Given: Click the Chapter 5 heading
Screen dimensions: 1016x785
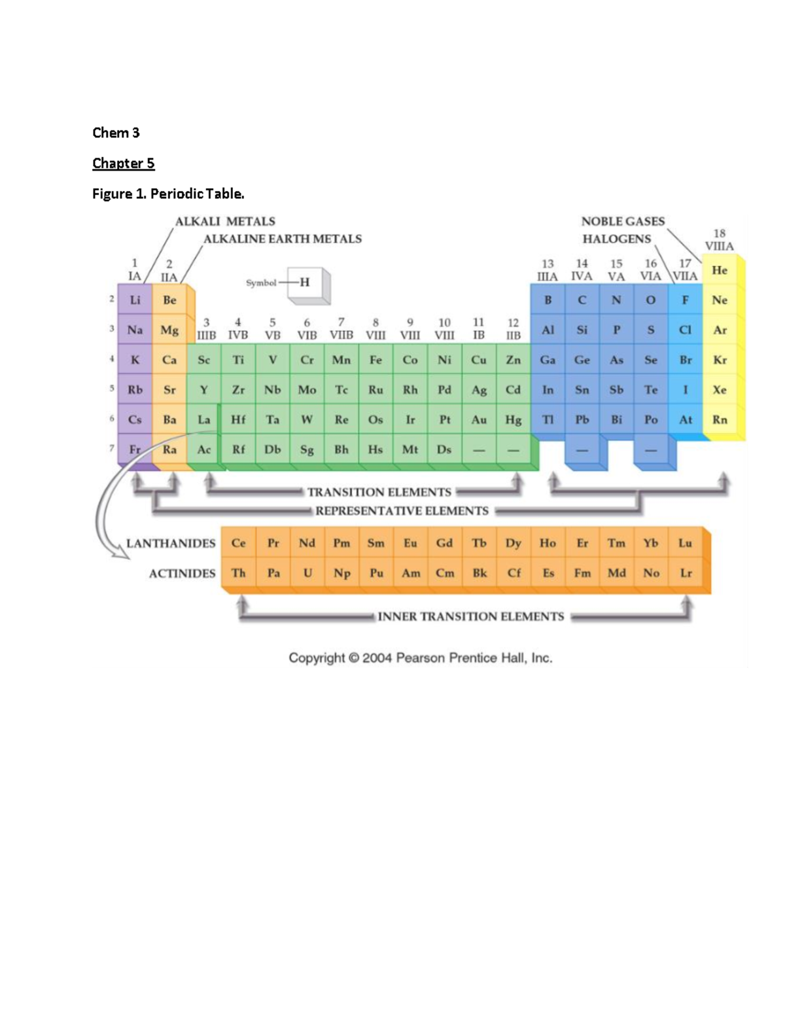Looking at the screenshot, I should click(123, 163).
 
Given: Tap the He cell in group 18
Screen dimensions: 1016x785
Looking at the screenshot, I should click(720, 270).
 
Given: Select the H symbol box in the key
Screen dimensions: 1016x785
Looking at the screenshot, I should click(305, 283).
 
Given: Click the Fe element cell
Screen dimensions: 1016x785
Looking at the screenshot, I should click(375, 360).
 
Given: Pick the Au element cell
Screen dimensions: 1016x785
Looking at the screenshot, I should click(479, 420).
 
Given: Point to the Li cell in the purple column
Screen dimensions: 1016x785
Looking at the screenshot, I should click(135, 300).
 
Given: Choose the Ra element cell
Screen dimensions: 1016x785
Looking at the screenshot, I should click(169, 449).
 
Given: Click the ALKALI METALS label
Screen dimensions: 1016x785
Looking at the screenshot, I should click(225, 221).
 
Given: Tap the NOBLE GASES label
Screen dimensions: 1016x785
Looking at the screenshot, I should click(623, 221).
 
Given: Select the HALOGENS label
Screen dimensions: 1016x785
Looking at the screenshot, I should click(616, 239).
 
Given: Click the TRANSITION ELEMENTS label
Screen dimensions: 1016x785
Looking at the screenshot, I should click(379, 492).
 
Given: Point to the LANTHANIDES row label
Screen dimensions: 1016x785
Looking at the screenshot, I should click(171, 544).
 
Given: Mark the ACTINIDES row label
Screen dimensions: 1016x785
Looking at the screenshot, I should click(182, 574).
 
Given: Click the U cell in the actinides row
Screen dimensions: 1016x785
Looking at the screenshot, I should click(307, 573).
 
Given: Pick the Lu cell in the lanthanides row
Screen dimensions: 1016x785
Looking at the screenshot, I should click(685, 543).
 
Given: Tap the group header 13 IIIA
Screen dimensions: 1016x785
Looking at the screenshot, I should click(547, 270).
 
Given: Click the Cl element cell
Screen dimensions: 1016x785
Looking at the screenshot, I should click(685, 330).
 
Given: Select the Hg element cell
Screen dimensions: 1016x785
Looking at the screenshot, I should click(514, 420).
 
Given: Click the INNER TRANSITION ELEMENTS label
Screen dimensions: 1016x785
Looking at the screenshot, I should click(470, 616).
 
